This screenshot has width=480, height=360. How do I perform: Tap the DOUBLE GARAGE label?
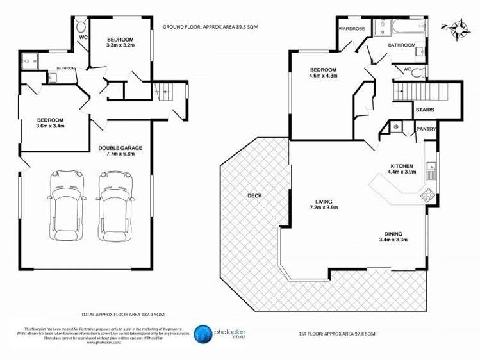coord(120,148)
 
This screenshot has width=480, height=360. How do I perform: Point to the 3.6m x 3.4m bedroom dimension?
coord(49,126)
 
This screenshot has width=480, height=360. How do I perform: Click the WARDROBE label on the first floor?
coord(351,29)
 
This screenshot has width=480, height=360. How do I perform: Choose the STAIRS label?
coord(425,110)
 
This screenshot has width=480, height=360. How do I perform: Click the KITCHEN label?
coord(403,166)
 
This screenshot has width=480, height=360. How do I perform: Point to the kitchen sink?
coord(432,172)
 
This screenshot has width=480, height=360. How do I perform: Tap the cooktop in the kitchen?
coord(427,195)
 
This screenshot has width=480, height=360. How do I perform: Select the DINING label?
coord(393,234)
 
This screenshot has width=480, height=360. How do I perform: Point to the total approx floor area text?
coord(122,314)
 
